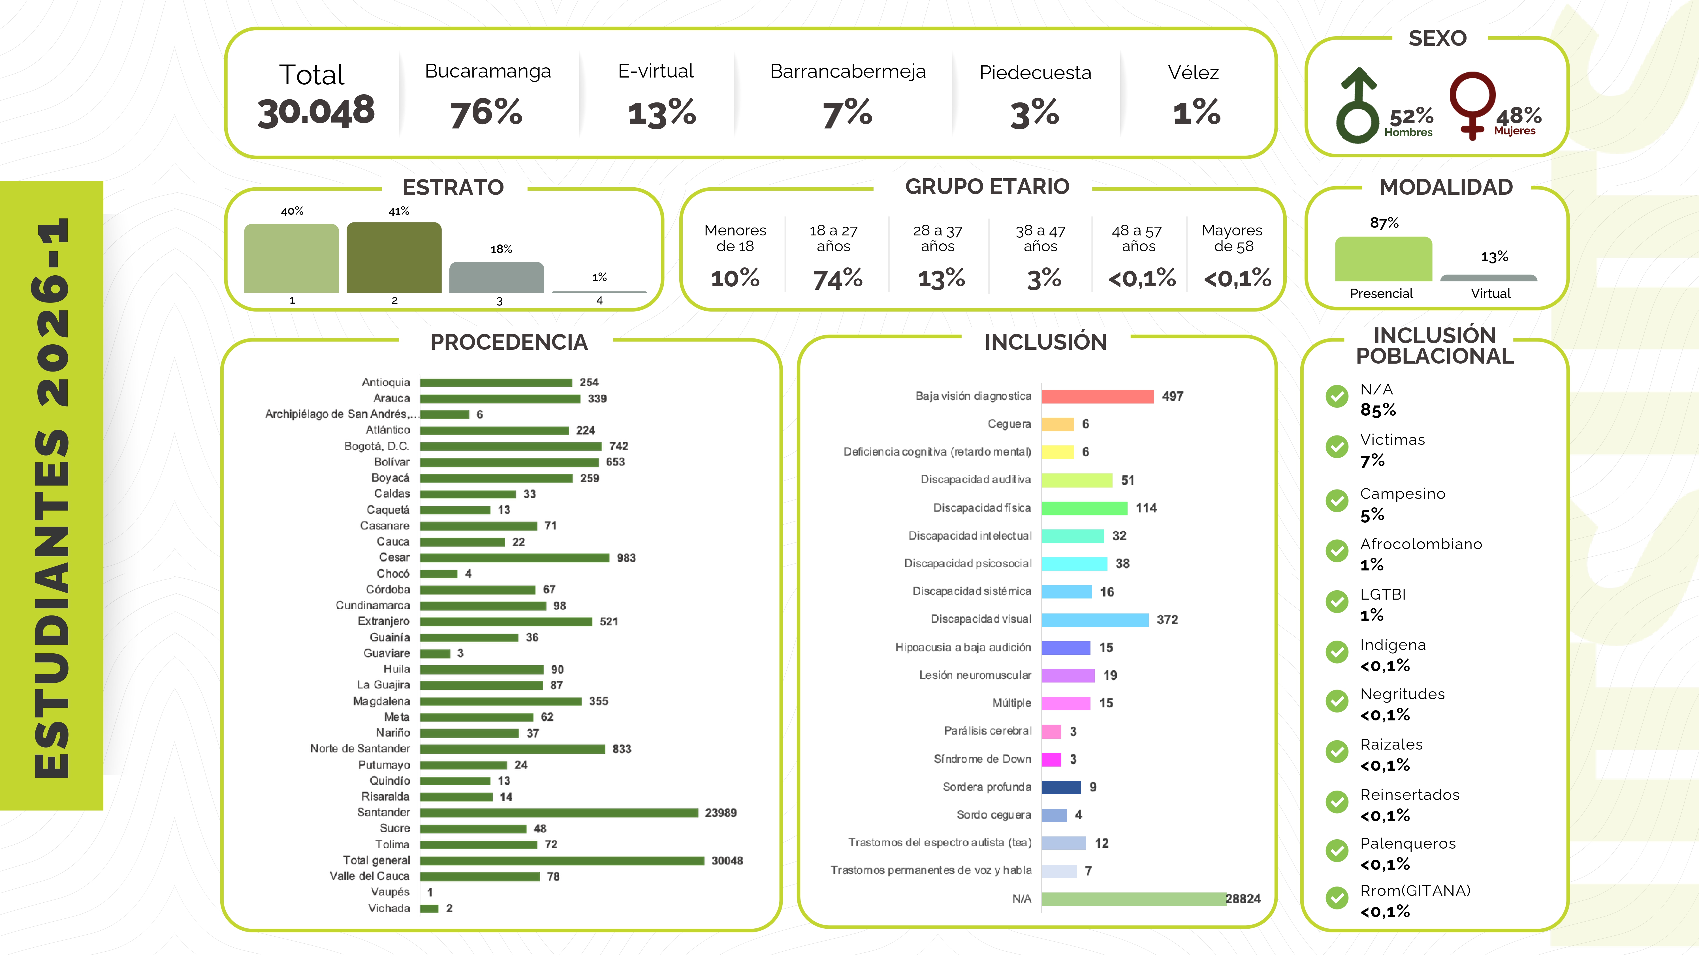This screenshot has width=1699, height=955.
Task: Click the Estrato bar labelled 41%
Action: pyautogui.click(x=394, y=258)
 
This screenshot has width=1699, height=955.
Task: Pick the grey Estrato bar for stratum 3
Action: pyautogui.click(x=497, y=278)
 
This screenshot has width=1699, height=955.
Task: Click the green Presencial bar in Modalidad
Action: pyautogui.click(x=1383, y=259)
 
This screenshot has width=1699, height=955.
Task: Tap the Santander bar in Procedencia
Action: pyautogui.click(x=559, y=813)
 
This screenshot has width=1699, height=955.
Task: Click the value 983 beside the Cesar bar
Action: pyautogui.click(x=626, y=557)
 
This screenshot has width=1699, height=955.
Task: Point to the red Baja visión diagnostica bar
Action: pyautogui.click(x=1098, y=396)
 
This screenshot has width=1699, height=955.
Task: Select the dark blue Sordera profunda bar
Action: pyautogui.click(x=1061, y=787)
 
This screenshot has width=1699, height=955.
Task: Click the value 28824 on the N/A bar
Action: pyautogui.click(x=1243, y=898)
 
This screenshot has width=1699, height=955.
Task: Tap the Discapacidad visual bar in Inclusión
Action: pyautogui.click(x=1095, y=619)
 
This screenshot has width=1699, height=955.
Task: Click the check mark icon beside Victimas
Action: pyautogui.click(x=1337, y=447)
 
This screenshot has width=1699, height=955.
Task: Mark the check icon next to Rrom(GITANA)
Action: pyautogui.click(x=1337, y=898)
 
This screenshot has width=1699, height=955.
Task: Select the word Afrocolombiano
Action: pyautogui.click(x=1421, y=544)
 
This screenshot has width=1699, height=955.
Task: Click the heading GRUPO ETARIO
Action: pyautogui.click(x=987, y=186)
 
